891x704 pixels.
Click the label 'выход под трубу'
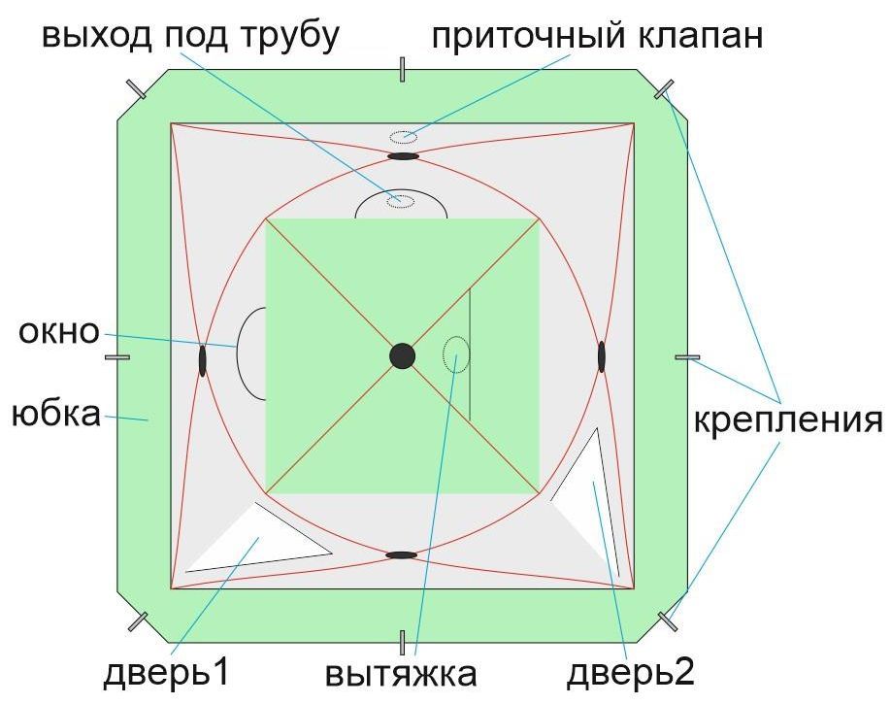click(190, 35)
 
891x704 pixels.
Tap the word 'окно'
click(58, 332)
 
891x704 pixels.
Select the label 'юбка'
click(55, 415)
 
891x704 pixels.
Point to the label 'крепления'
click(787, 421)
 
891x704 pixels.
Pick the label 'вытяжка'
click(402, 674)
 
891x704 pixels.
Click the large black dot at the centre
click(402, 356)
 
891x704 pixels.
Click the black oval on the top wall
click(403, 155)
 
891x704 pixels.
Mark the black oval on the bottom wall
click(402, 555)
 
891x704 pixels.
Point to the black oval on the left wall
click(203, 360)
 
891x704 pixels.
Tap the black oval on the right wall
click(602, 356)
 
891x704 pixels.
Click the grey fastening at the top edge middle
click(402, 69)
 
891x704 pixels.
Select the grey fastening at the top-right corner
click(665, 90)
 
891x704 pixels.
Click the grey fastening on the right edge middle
click(687, 357)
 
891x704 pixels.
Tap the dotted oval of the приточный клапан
click(403, 136)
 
